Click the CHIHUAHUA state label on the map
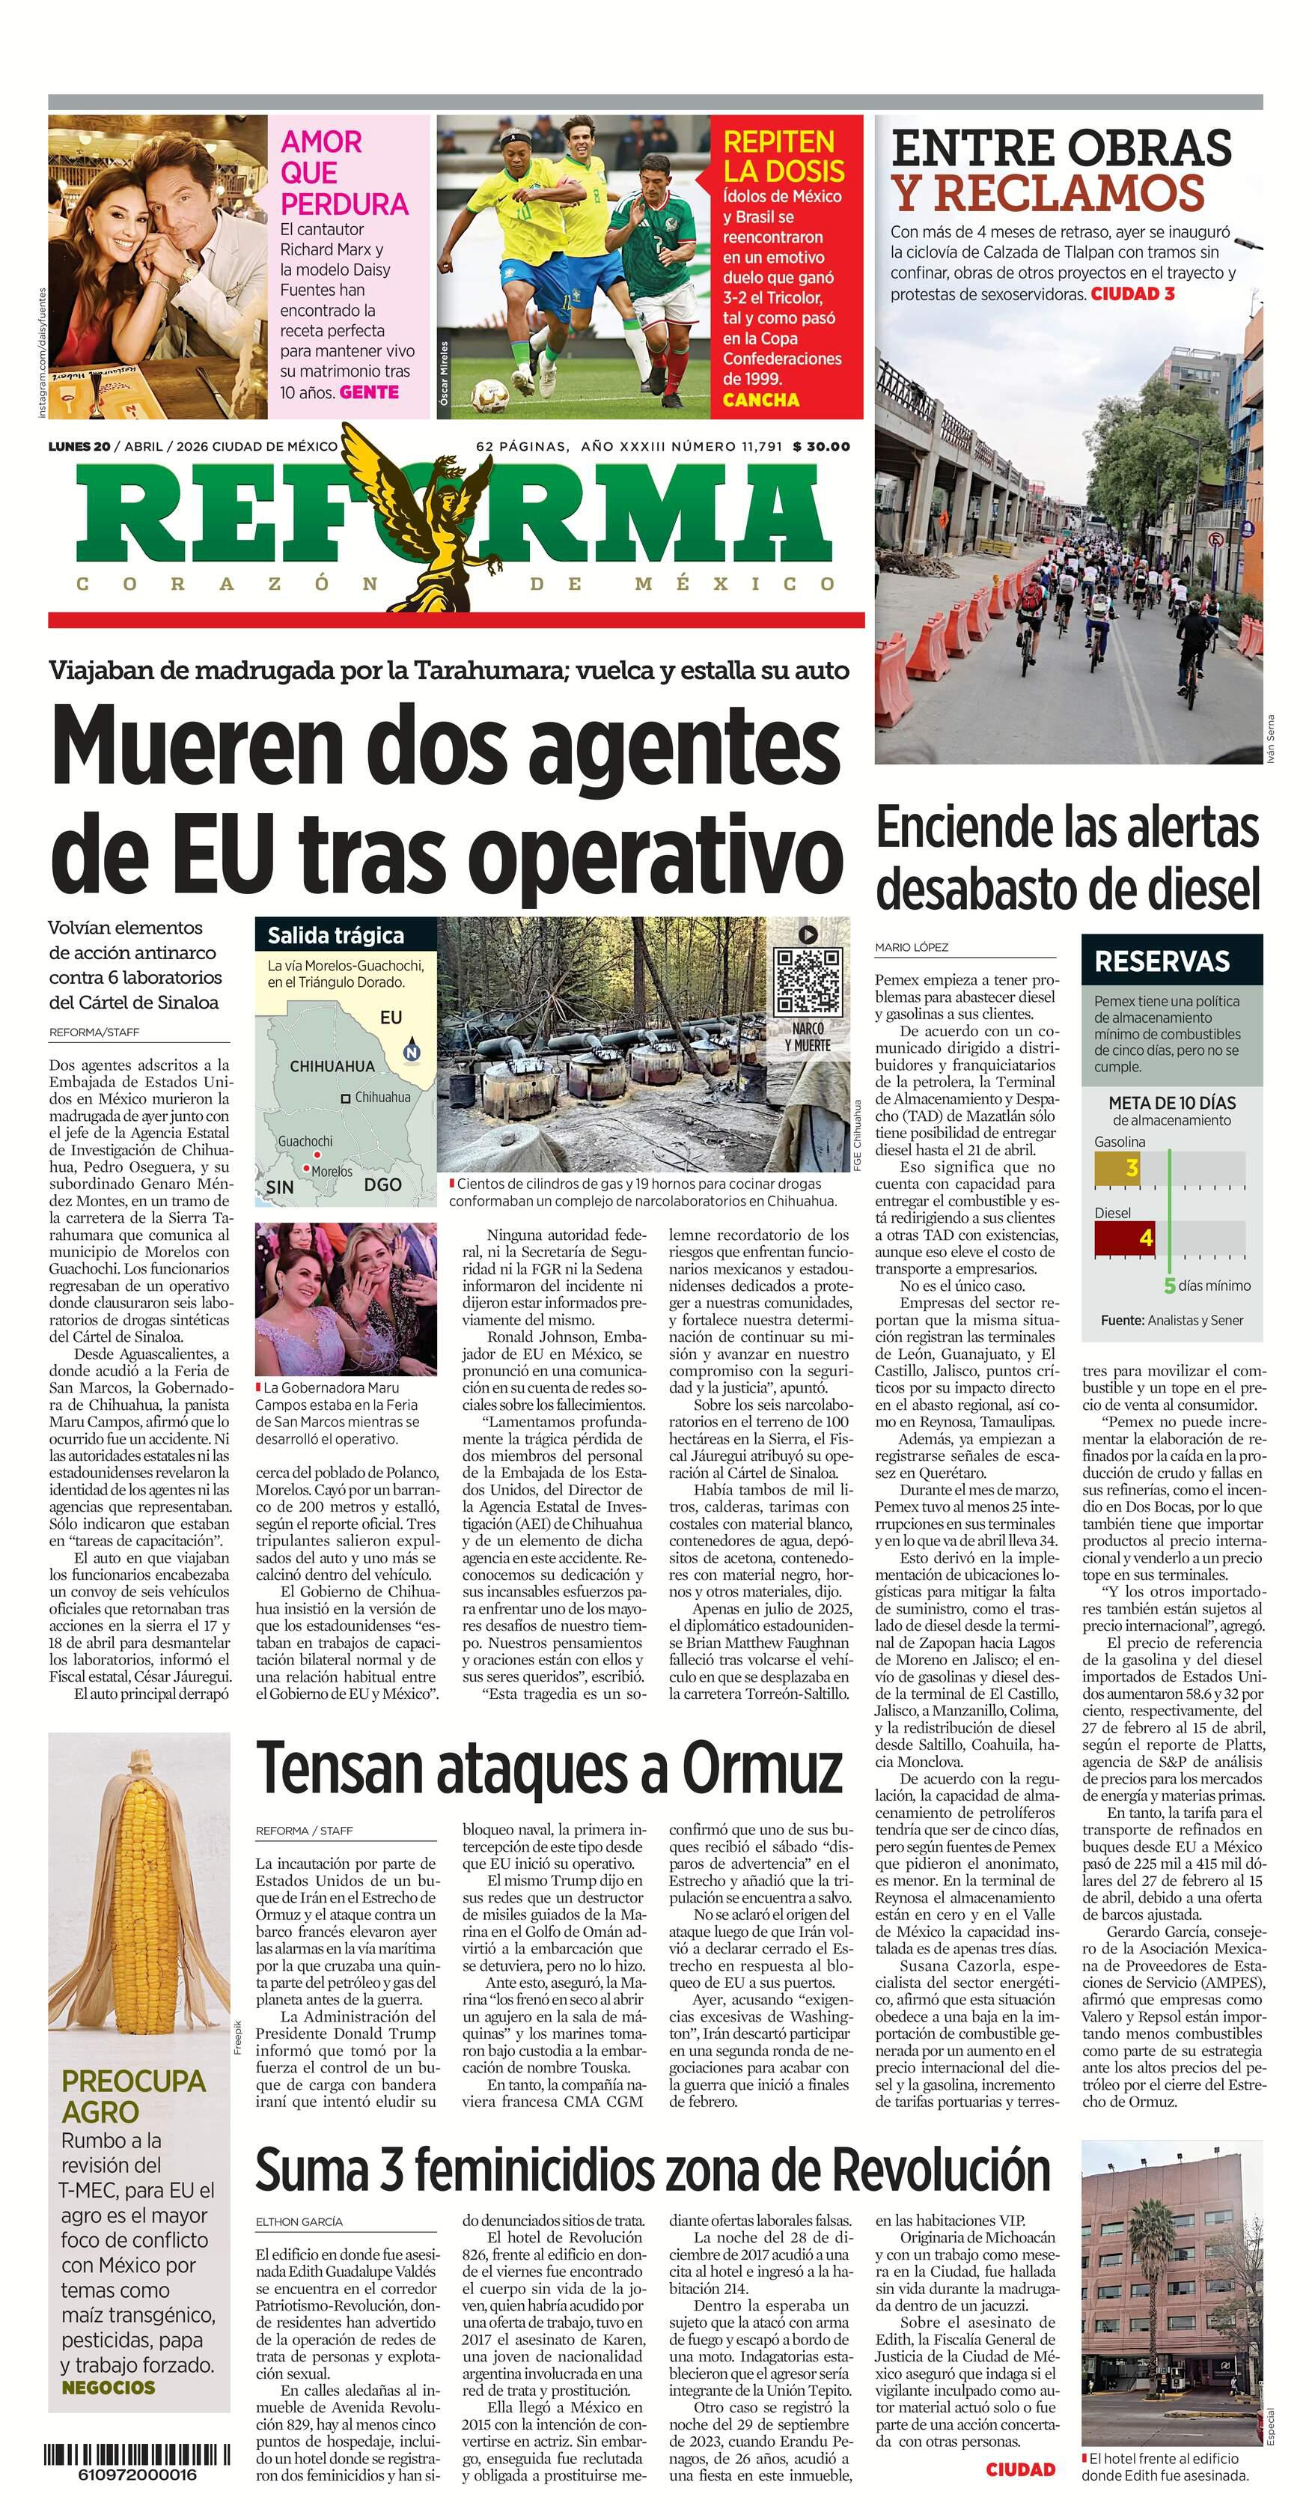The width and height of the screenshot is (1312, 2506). [x=332, y=1066]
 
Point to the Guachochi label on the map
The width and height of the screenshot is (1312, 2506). [x=305, y=1141]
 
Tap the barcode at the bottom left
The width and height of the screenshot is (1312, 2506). [x=137, y=2454]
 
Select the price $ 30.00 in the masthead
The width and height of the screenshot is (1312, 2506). [x=821, y=446]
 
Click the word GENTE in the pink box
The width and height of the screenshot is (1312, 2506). [x=369, y=392]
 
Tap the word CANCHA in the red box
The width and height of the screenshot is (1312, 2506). [x=760, y=400]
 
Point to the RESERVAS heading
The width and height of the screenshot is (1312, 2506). [x=1162, y=961]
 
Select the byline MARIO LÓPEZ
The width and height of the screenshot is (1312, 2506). [x=912, y=946]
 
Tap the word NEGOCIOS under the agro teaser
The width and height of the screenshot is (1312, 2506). [x=108, y=2387]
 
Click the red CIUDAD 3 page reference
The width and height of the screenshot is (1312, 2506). [x=1133, y=293]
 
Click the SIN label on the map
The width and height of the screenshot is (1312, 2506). [x=279, y=1187]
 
